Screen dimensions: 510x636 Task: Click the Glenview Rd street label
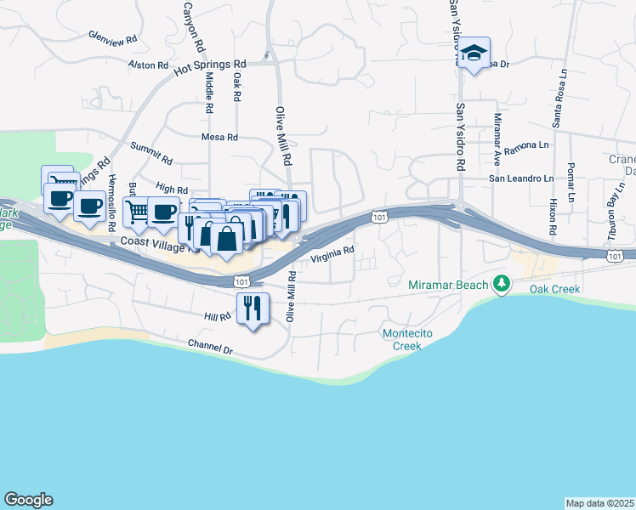pos(112,37)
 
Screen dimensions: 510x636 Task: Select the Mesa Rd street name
pos(218,136)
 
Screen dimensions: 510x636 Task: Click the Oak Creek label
pos(554,289)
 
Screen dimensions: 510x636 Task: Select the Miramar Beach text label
pos(448,284)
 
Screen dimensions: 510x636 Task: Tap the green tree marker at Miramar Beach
pos(502,283)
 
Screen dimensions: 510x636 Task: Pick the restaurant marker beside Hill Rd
pos(253,308)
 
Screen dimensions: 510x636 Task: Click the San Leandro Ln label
pos(520,178)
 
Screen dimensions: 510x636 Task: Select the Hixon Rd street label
pos(553,218)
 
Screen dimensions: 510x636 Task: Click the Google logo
pos(27,500)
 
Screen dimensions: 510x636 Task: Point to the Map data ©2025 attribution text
pos(600,502)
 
